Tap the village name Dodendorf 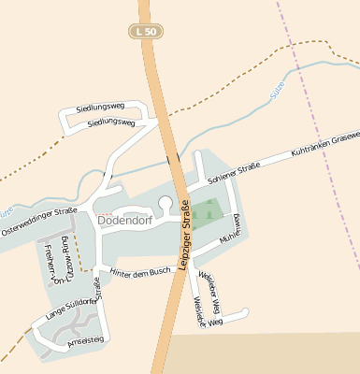(x=126, y=221)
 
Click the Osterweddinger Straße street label (x=38, y=223)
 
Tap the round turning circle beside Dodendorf (x=166, y=202)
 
